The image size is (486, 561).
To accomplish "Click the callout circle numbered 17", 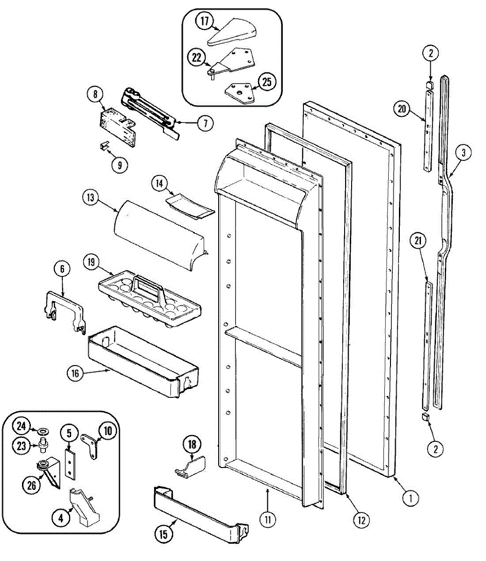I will click(205, 22).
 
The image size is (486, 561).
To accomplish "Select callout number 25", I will click(266, 82).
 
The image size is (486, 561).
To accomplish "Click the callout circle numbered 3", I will click(463, 152).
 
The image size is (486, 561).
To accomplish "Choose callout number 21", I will click(418, 241).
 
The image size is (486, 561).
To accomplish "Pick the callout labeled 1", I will click(410, 498).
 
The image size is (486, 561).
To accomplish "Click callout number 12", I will click(361, 519).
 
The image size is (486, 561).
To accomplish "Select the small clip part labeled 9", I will click(104, 146).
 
